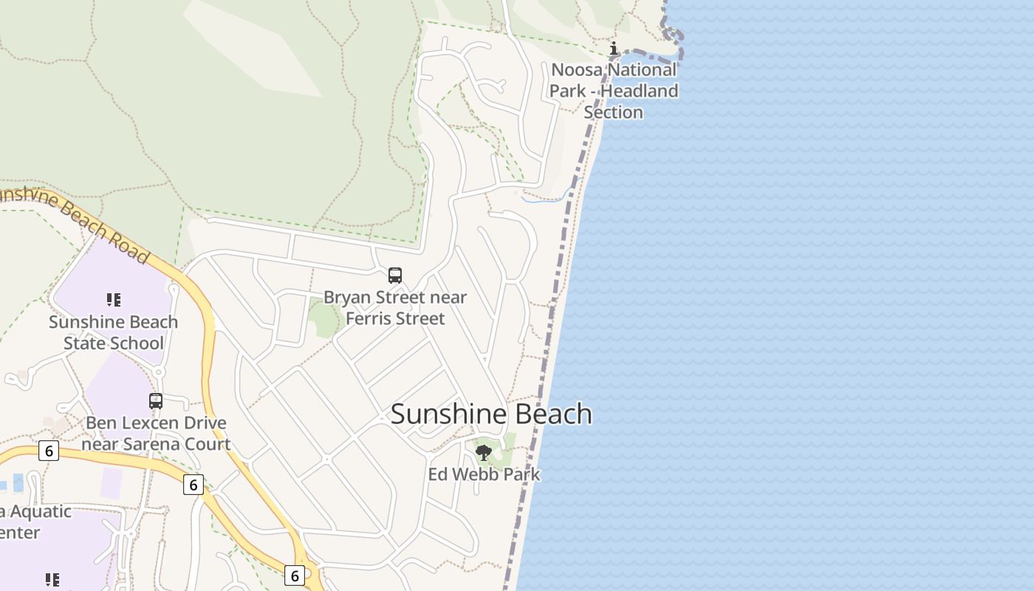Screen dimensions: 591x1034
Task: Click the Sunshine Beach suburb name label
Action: pos(491,414)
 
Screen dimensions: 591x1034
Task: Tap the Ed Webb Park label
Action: pos(484,474)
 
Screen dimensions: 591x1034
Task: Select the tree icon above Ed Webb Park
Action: pos(484,452)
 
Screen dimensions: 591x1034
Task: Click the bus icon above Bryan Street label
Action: pos(395,276)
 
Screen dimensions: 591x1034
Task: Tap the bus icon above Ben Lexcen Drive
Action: pos(156,401)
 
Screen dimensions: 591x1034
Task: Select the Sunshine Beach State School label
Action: pos(113,332)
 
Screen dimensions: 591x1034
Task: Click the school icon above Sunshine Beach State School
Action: pos(113,299)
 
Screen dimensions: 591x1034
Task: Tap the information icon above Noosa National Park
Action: pos(613,49)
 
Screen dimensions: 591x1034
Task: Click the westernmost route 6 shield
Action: pos(49,451)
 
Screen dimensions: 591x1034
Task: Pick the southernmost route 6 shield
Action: pos(294,575)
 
